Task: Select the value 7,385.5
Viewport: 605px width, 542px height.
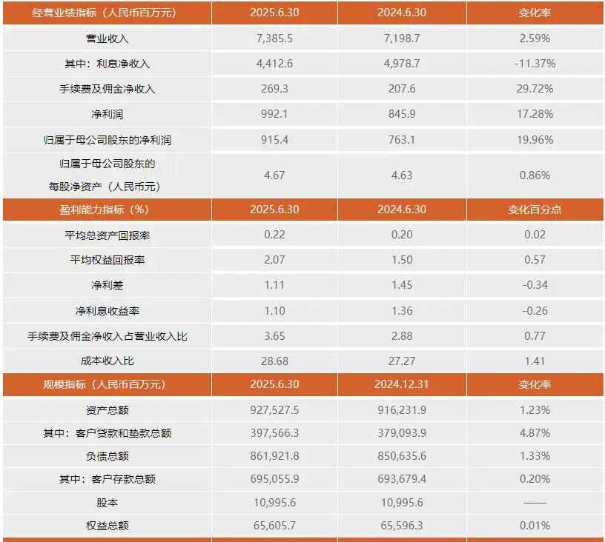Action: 273,39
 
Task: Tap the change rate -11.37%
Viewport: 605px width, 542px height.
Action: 535,64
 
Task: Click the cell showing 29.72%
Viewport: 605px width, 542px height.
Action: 535,89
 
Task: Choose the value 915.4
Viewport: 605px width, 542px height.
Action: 273,139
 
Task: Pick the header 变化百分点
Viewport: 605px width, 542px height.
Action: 535,210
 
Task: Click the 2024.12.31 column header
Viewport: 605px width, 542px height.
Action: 401,384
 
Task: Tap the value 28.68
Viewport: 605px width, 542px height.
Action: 273,361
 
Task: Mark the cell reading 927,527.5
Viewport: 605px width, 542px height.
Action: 273,409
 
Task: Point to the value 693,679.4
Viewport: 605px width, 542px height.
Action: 401,479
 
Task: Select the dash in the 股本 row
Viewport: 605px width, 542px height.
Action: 535,503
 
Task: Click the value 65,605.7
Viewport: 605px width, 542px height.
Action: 273,526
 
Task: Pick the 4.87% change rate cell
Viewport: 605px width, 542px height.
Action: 535,433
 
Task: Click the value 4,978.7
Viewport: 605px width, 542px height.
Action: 401,64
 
